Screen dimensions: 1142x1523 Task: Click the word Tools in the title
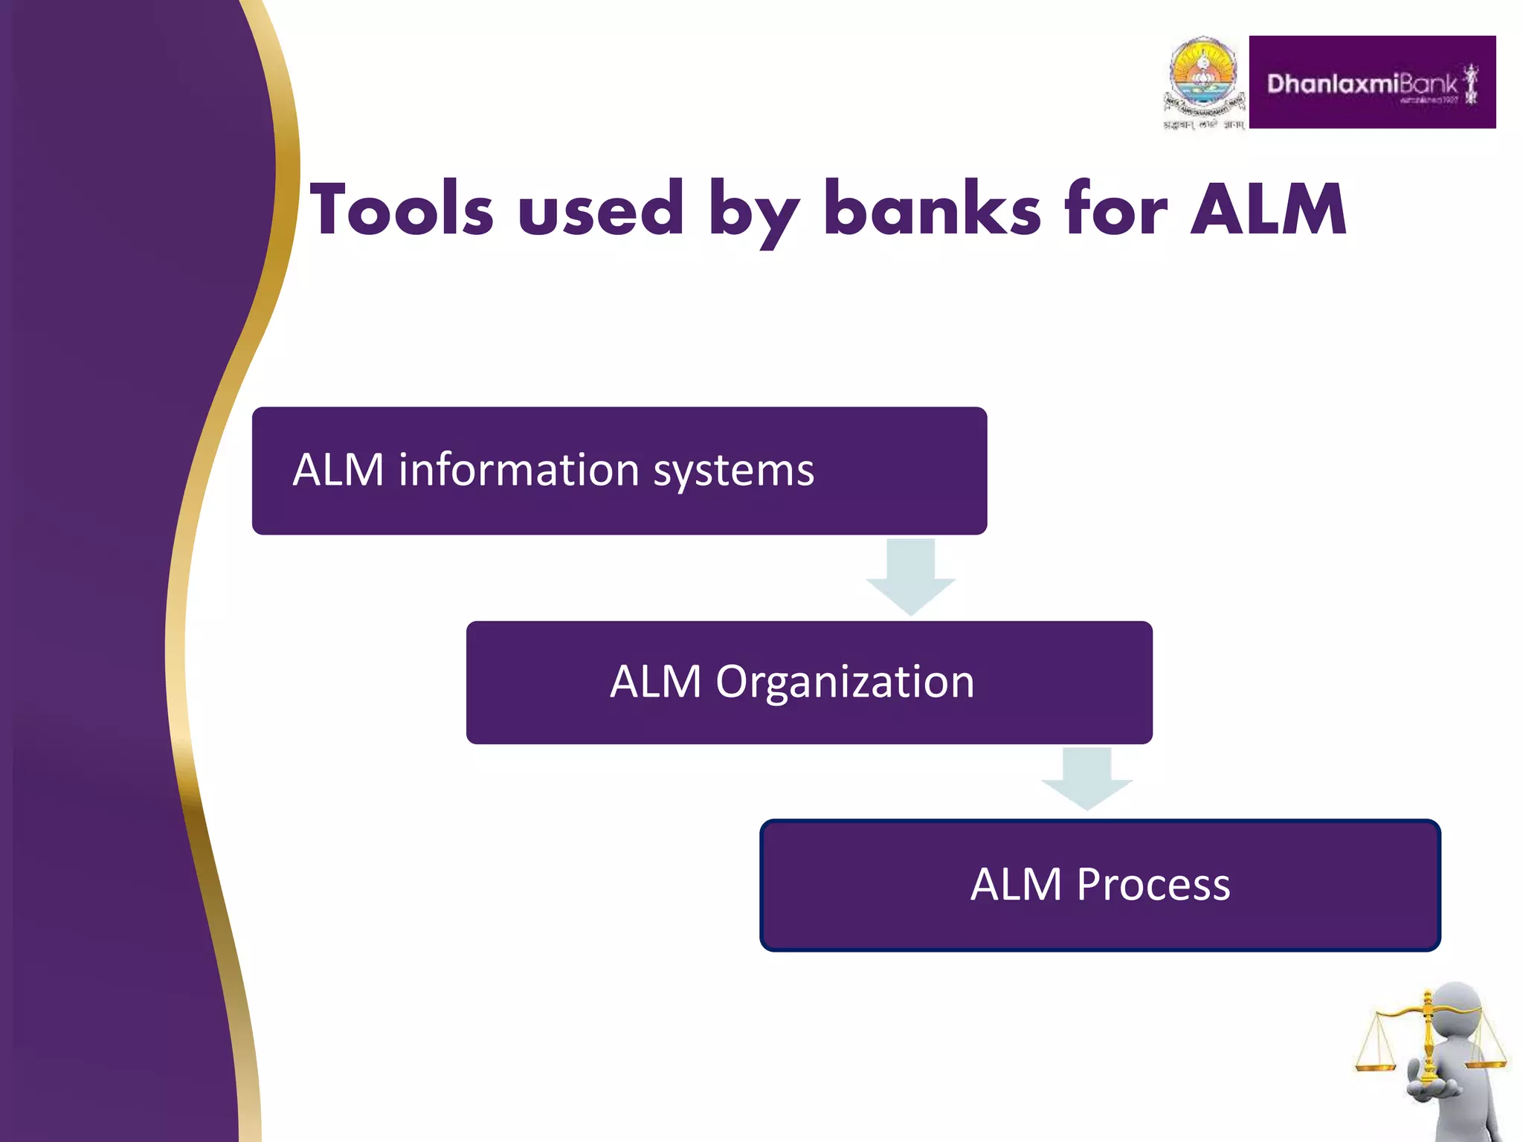pyautogui.click(x=402, y=210)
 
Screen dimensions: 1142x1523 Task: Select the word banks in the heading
pyautogui.click(x=933, y=210)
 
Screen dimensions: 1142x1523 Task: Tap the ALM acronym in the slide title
pyautogui.click(x=1269, y=210)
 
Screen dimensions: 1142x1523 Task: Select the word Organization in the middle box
pyautogui.click(x=845, y=682)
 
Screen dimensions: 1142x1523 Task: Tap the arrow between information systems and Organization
pyautogui.click(x=910, y=576)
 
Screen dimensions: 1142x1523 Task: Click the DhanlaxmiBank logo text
pyautogui.click(x=1361, y=84)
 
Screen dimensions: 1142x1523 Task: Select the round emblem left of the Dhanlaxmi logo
pyautogui.click(x=1203, y=75)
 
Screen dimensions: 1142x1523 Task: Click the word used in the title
pyautogui.click(x=601, y=210)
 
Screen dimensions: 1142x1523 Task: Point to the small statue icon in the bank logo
pyautogui.click(x=1470, y=84)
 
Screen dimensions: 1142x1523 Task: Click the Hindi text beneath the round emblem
pyautogui.click(x=1203, y=125)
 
